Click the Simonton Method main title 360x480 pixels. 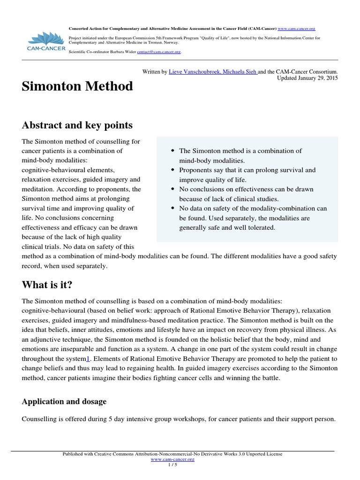(x=77, y=87)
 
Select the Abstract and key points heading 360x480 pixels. (x=77, y=125)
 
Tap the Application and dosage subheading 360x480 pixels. (x=64, y=402)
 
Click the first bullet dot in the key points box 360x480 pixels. (x=173, y=151)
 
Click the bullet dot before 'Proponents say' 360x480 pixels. (x=173, y=170)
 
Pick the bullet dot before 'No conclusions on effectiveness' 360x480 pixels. (x=173, y=189)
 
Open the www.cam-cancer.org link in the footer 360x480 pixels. (x=172, y=459)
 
